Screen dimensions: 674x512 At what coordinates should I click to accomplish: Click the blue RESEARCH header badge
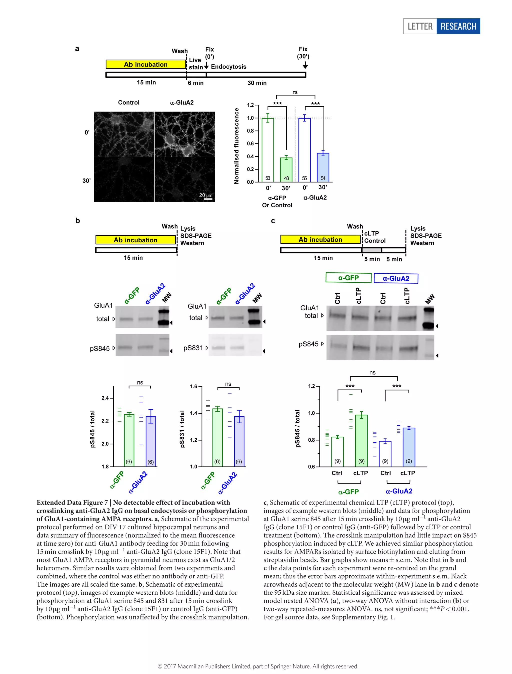(458, 26)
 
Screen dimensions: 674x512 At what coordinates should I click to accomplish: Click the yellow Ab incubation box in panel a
(146, 64)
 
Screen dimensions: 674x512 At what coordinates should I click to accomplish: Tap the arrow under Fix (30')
(305, 66)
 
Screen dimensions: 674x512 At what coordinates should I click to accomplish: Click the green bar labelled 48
(286, 170)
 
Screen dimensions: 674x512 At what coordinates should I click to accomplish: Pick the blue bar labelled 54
(323, 167)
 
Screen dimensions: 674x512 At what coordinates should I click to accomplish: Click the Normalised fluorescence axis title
(236, 146)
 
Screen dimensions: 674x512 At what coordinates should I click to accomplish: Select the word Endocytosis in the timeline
(228, 67)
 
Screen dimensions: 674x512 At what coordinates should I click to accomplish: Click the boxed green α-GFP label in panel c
(348, 278)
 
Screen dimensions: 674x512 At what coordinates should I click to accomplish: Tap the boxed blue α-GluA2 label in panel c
(396, 278)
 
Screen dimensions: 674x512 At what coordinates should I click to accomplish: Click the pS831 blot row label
(193, 348)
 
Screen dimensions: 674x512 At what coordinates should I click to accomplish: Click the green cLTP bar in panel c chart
(361, 440)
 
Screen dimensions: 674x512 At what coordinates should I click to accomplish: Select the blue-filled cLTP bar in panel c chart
(409, 447)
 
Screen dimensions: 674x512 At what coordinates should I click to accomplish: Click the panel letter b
(78, 221)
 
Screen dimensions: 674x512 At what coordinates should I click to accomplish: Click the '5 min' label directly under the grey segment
(372, 259)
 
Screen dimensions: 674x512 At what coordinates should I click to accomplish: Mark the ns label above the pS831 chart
(228, 384)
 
